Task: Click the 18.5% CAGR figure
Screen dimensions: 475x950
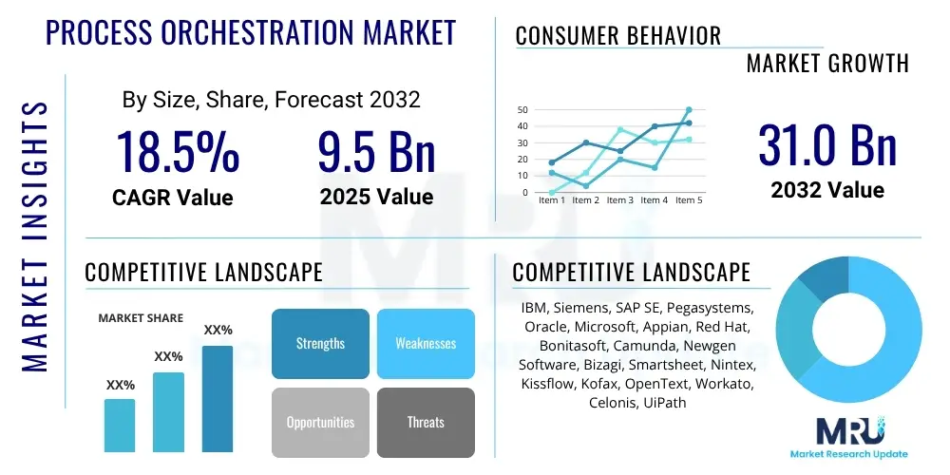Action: pyautogui.click(x=178, y=152)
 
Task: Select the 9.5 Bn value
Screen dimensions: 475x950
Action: pyautogui.click(x=376, y=152)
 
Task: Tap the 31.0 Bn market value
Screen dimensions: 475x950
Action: pyautogui.click(x=827, y=145)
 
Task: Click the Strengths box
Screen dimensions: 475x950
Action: pyautogui.click(x=320, y=344)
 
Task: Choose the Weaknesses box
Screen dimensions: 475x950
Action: pyautogui.click(x=426, y=344)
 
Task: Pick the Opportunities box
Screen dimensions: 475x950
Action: pyautogui.click(x=320, y=422)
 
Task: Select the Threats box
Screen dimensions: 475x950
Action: pyautogui.click(x=426, y=422)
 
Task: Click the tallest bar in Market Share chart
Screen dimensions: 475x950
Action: pyautogui.click(x=218, y=398)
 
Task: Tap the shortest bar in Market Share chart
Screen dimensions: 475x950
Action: pyautogui.click(x=120, y=425)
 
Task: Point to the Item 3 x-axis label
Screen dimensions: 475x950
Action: pyautogui.click(x=619, y=200)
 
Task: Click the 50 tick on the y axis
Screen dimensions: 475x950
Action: pyautogui.click(x=522, y=110)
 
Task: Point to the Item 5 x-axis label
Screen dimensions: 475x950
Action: pyautogui.click(x=688, y=200)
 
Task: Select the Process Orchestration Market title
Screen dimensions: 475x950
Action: pyautogui.click(x=251, y=33)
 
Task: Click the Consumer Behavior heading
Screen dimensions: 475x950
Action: pyautogui.click(x=617, y=36)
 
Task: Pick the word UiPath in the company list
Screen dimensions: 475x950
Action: pyautogui.click(x=661, y=403)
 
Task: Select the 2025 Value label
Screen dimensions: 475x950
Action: pyautogui.click(x=376, y=197)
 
